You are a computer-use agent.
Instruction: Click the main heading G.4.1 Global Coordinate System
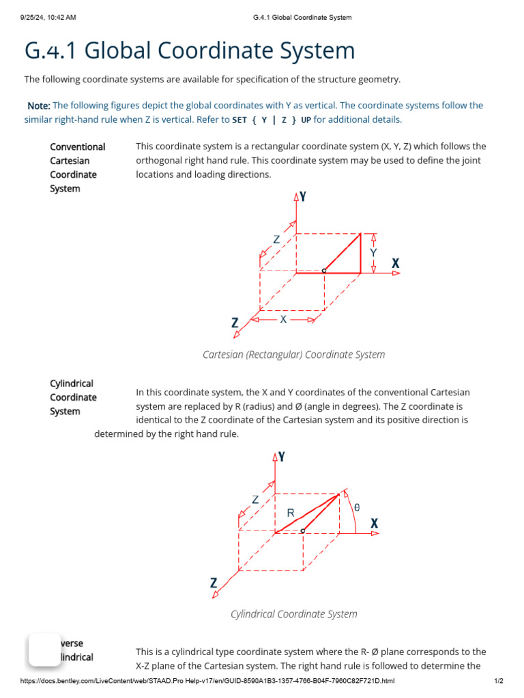(x=190, y=51)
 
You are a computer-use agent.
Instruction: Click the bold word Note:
(x=38, y=106)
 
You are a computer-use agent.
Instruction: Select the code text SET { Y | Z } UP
(x=272, y=120)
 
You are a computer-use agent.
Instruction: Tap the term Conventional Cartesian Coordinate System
(x=77, y=168)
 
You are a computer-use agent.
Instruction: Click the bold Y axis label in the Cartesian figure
(x=302, y=197)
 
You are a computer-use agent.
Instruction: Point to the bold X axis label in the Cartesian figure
(x=395, y=263)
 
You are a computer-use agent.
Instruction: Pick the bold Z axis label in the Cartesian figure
(x=235, y=323)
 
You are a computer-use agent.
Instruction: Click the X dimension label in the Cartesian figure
(x=283, y=319)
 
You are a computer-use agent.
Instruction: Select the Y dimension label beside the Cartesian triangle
(x=373, y=252)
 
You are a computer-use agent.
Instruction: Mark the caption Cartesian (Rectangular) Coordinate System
(x=293, y=354)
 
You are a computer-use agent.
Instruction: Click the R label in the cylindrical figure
(x=291, y=513)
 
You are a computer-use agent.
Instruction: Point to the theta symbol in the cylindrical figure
(x=357, y=507)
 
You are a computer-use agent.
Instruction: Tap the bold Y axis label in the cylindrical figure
(x=281, y=457)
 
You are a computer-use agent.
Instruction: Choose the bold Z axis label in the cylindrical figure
(x=214, y=583)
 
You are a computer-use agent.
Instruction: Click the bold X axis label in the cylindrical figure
(x=374, y=523)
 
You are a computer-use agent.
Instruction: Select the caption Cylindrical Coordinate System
(x=293, y=614)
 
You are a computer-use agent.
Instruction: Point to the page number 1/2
(x=498, y=681)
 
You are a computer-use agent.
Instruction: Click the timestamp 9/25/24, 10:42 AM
(x=48, y=17)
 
